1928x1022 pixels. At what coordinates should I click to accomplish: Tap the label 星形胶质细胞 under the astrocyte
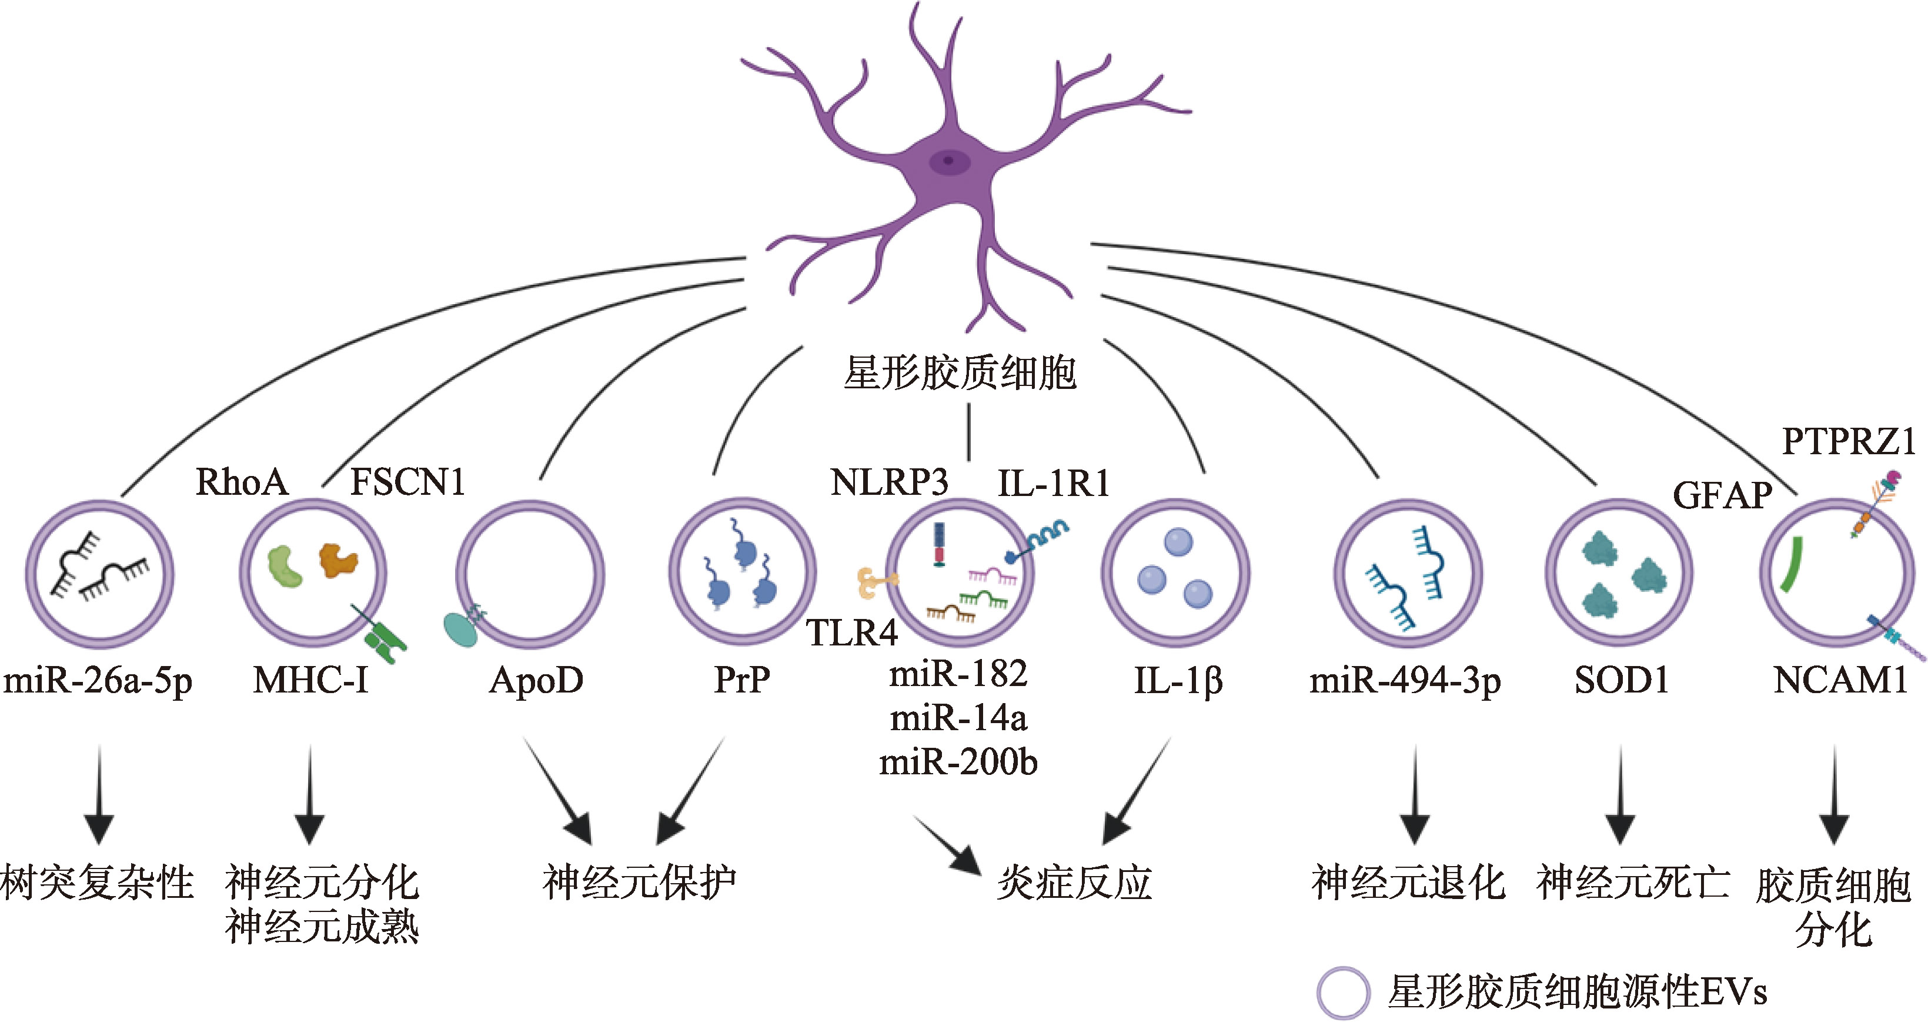tap(960, 373)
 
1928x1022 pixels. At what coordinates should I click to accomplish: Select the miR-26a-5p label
tap(98, 681)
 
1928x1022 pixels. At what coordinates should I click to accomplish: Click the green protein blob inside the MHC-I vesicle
tap(285, 566)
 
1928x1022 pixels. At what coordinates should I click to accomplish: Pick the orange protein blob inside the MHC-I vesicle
tap(338, 558)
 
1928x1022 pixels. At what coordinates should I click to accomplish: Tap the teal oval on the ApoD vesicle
tap(460, 629)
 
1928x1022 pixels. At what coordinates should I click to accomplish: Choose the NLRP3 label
tap(889, 482)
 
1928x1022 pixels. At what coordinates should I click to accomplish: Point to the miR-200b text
tap(958, 762)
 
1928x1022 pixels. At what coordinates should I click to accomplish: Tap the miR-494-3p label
tap(1405, 681)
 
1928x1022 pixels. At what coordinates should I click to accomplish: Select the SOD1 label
tap(1622, 681)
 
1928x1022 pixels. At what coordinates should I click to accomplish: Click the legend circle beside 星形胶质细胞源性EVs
tap(1344, 993)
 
